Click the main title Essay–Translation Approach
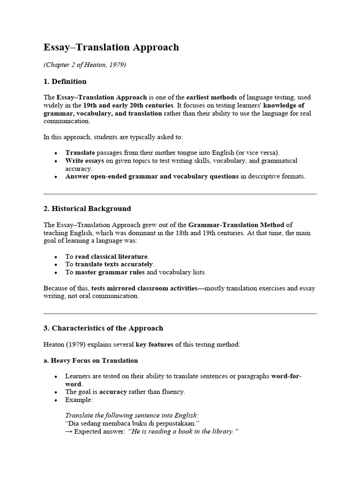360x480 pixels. (111, 47)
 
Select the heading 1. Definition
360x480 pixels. (65, 82)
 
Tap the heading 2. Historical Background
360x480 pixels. (87, 209)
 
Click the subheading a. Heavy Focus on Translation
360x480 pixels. (90, 360)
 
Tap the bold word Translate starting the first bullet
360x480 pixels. (80, 152)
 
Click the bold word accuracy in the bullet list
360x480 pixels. (113, 392)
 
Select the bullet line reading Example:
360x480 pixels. (79, 400)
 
